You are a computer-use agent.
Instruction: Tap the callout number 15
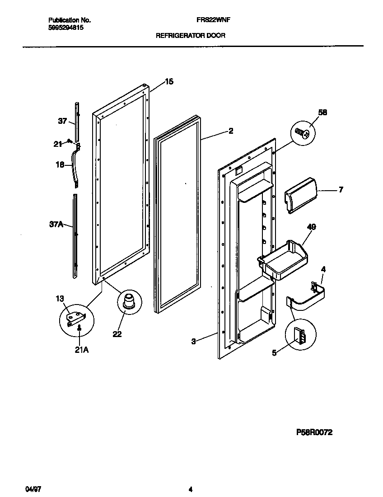[169, 82]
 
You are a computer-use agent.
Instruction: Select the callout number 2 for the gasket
[230, 131]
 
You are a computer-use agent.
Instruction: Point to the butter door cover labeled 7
[299, 194]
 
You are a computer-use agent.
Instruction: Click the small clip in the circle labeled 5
[299, 336]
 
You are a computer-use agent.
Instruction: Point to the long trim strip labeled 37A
[75, 235]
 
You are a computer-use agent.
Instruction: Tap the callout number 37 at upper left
[62, 121]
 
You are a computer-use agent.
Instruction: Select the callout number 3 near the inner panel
[193, 342]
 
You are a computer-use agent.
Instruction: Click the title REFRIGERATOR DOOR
[191, 35]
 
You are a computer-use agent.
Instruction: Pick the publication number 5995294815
[65, 28]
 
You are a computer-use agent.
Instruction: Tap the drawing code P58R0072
[314, 432]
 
